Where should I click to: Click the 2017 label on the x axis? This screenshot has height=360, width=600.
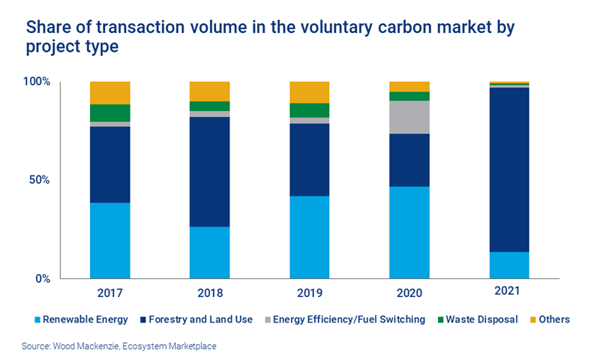pos(109,292)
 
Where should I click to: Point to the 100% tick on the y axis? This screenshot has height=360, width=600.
pos(36,81)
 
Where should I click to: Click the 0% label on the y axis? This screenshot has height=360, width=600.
pos(42,278)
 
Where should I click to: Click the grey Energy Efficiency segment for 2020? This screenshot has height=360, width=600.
pos(409,117)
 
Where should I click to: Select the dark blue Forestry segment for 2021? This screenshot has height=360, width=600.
pos(508,169)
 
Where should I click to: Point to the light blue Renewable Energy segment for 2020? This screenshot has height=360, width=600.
pos(409,232)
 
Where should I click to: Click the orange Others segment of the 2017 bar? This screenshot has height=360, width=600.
pos(109,92)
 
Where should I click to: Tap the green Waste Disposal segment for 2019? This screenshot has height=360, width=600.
pos(309,110)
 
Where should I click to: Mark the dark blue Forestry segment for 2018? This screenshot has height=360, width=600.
pos(209,172)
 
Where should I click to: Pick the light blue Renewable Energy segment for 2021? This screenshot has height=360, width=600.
pos(508,265)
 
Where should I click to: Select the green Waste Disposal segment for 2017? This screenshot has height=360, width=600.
pos(109,112)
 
